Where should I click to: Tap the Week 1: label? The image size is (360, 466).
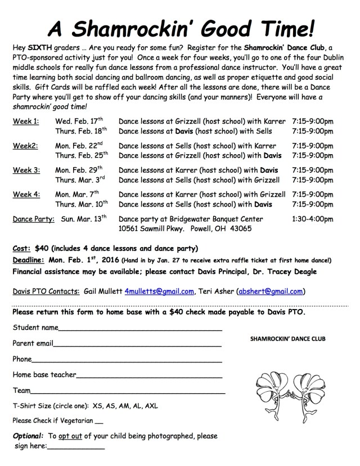[25, 121]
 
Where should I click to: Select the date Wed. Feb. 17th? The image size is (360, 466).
[79, 121]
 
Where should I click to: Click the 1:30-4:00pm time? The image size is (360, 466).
[313, 219]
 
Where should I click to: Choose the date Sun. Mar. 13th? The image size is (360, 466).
[83, 219]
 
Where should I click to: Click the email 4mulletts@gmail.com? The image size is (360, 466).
[160, 291]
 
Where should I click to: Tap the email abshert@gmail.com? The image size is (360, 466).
[271, 291]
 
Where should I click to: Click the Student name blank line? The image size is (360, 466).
[140, 329]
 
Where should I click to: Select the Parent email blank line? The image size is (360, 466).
[138, 344]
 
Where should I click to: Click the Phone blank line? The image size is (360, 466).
[127, 360]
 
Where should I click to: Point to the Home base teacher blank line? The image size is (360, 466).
[148, 375]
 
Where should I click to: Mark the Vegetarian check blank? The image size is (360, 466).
[100, 421]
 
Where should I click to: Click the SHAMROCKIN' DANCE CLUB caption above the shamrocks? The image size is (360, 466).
[287, 339]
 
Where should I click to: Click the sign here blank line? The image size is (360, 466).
[76, 447]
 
